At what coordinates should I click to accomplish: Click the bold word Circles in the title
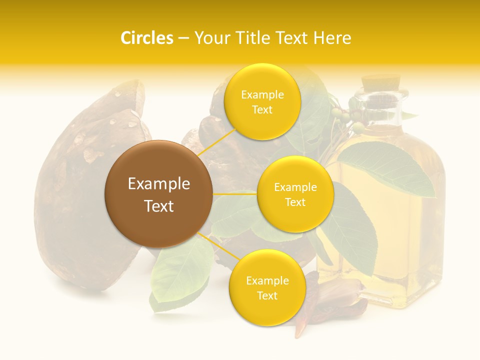pos(146,38)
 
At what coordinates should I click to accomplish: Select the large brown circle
pos(158,194)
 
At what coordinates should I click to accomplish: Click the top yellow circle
pos(262,101)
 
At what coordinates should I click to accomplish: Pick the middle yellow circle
pos(295,194)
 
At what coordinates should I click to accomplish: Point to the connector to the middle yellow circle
pos(235,193)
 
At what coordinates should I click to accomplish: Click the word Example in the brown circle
pos(158,184)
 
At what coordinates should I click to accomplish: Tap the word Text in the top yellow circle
pos(262,109)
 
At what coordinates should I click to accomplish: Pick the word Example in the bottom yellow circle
pos(267,280)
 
